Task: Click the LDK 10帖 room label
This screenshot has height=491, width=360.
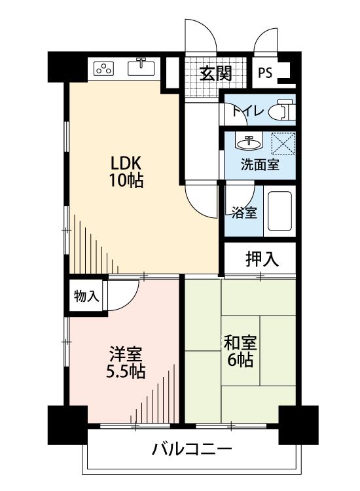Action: point(126,172)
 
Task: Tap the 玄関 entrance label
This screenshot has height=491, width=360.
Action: point(216,74)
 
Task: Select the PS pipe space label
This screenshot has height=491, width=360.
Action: point(265,73)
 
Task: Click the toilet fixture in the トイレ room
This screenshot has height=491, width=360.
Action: point(282,110)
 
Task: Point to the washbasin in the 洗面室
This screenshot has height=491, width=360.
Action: point(249,143)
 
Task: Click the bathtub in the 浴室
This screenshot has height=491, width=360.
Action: point(280,211)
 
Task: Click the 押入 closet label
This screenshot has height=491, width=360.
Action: point(262,259)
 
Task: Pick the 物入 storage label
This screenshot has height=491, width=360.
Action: point(86,296)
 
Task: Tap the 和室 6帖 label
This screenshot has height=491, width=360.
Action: point(240,351)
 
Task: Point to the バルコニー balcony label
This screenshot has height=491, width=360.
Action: point(192,449)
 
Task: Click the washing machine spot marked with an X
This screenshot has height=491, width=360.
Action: point(283,143)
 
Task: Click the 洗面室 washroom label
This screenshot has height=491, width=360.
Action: point(260,165)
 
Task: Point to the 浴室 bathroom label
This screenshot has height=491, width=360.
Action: point(244,213)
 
